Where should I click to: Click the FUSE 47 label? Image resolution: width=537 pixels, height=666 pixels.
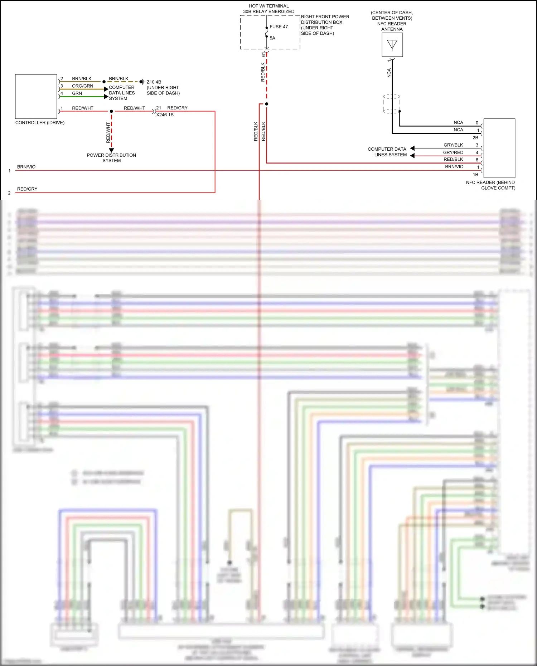pyautogui.click(x=279, y=27)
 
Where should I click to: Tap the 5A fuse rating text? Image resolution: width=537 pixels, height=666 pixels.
pyautogui.click(x=272, y=38)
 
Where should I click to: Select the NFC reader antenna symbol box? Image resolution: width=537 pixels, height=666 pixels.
pyautogui.click(x=392, y=45)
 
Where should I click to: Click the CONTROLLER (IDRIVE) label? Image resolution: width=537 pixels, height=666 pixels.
pyautogui.click(x=40, y=123)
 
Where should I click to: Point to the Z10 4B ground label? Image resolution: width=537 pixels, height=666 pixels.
pyautogui.click(x=154, y=82)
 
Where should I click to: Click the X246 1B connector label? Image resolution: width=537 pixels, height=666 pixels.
pyautogui.click(x=165, y=115)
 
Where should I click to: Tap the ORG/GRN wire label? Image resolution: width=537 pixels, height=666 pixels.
pyautogui.click(x=82, y=86)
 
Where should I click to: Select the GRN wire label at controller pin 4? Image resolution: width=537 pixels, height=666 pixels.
pyautogui.click(x=77, y=93)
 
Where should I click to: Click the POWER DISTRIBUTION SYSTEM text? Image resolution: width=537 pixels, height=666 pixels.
pyautogui.click(x=111, y=158)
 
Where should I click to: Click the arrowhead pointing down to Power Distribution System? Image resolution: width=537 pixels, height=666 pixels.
pyautogui.click(x=111, y=150)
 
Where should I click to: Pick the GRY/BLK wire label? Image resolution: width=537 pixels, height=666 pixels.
pyautogui.click(x=453, y=145)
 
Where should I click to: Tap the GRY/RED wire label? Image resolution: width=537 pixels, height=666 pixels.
pyautogui.click(x=453, y=152)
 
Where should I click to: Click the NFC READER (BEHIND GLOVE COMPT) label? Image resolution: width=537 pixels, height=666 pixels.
pyautogui.click(x=490, y=185)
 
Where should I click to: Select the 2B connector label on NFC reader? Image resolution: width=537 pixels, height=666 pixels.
pyautogui.click(x=475, y=138)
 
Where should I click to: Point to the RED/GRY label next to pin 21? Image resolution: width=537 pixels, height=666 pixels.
pyautogui.click(x=177, y=108)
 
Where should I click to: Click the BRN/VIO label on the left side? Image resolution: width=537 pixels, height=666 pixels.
pyautogui.click(x=26, y=167)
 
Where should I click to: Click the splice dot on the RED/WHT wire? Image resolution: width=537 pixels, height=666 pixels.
pyautogui.click(x=111, y=111)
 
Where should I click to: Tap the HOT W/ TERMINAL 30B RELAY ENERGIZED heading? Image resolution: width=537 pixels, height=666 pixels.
pyautogui.click(x=268, y=9)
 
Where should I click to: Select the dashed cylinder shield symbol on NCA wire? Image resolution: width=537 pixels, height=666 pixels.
pyautogui.click(x=391, y=104)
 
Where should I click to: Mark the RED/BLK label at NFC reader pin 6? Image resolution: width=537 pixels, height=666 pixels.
pyautogui.click(x=453, y=160)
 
